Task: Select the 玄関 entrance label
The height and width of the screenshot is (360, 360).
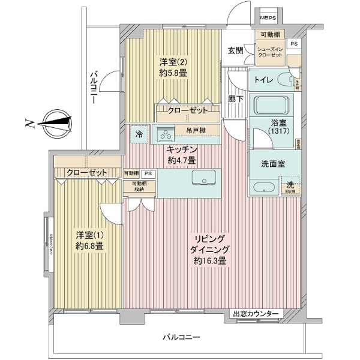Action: pos(235,50)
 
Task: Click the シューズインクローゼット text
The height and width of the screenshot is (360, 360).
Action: pos(269,52)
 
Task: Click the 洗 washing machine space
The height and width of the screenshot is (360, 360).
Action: pos(290,187)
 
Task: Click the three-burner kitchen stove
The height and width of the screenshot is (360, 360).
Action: pos(165,133)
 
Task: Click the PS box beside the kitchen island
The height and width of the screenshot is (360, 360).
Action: pos(148,173)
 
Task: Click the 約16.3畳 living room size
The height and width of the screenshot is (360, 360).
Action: pos(209,261)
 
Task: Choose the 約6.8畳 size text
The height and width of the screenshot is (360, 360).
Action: pos(89,245)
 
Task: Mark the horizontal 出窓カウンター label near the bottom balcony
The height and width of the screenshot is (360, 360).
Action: pos(256,314)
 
